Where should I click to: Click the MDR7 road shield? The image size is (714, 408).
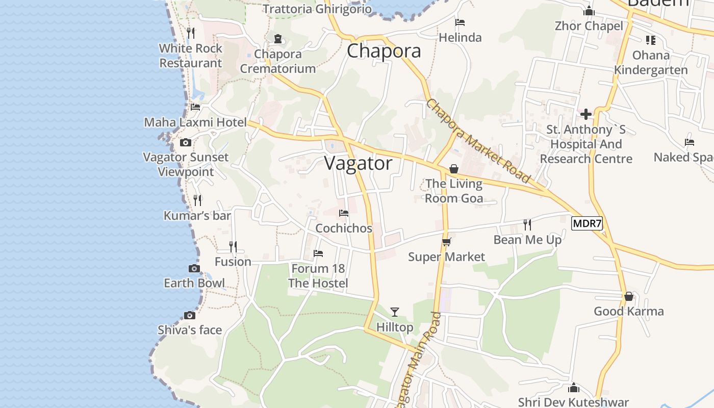[587, 223]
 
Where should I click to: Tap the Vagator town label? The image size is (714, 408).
[358, 163]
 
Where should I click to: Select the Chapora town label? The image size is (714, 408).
[384, 51]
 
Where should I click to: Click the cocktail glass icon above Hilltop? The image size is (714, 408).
[394, 312]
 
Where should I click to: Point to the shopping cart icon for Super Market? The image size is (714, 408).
[447, 242]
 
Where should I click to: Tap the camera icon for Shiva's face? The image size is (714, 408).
[190, 316]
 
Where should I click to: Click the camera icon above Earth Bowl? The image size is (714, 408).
[194, 268]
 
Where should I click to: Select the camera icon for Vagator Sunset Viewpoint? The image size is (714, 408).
[186, 142]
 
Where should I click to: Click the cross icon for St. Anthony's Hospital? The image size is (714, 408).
[586, 114]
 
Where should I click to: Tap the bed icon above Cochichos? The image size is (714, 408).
[344, 213]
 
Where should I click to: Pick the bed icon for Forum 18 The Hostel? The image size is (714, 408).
[318, 253]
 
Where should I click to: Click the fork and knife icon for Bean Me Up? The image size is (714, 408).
[527, 224]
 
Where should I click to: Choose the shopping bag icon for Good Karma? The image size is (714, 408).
[629, 296]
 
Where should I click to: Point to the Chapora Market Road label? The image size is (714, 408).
[477, 141]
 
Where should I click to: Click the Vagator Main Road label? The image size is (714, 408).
[419, 360]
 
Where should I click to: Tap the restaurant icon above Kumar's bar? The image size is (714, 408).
[198, 200]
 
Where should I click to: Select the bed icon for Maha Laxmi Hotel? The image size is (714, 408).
[195, 107]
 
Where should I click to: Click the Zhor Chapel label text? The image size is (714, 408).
[589, 26]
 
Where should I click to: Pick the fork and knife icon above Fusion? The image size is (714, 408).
[233, 247]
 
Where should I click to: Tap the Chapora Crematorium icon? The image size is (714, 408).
[278, 39]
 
